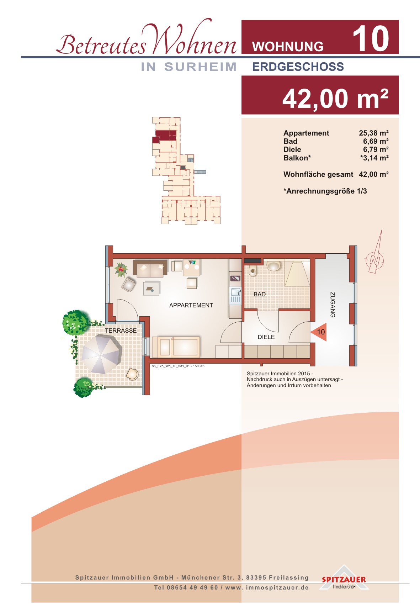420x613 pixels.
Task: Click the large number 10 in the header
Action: (371, 38)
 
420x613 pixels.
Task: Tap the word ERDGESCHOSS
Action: (298, 67)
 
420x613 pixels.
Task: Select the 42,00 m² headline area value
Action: (335, 98)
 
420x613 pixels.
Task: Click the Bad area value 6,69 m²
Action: (376, 141)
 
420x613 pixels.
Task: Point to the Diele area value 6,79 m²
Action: (376, 149)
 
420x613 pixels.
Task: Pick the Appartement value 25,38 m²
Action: (374, 133)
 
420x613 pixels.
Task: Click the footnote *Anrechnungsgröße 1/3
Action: (325, 191)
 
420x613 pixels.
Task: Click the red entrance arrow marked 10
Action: (319, 332)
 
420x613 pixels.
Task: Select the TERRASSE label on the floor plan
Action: (121, 331)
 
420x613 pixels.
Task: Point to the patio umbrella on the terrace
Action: (102, 354)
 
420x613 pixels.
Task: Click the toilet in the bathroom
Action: (253, 271)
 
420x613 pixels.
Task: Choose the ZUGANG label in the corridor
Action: (333, 305)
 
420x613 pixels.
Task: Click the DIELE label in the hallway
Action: (266, 337)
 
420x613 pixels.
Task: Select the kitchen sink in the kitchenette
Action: (235, 295)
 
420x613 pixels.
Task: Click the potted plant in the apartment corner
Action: (121, 269)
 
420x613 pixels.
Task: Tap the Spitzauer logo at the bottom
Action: (344, 578)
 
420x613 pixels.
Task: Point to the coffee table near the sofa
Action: (151, 289)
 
